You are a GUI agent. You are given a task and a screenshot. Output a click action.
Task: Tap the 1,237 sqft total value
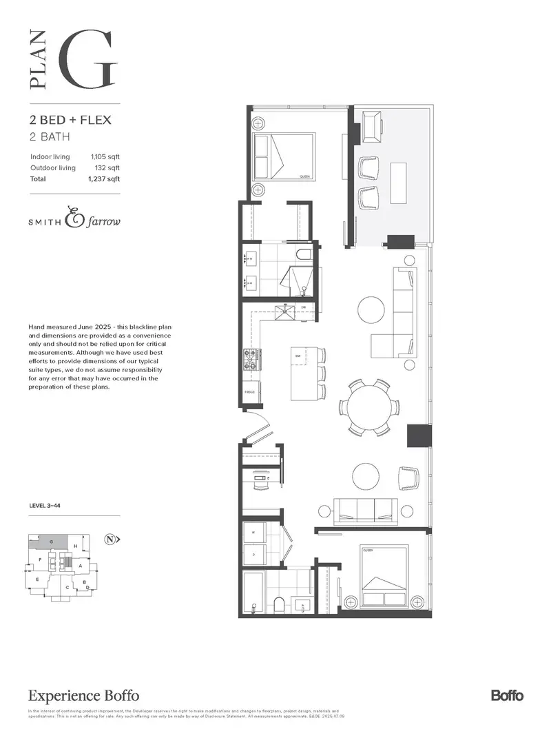(x=104, y=179)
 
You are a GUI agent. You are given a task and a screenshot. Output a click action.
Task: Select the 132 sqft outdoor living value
(x=109, y=167)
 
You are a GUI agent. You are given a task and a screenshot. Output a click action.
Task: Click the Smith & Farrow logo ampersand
(x=72, y=218)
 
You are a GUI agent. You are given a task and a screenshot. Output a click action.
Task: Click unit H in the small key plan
(x=75, y=546)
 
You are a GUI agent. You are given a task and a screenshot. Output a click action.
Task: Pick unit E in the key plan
(x=36, y=581)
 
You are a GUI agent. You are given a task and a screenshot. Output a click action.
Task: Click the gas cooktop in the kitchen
(x=251, y=358)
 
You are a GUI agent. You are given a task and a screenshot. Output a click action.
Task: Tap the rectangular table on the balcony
(x=398, y=183)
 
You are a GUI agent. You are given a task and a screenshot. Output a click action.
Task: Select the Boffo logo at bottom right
(x=507, y=695)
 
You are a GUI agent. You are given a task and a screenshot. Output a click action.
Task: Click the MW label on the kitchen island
(x=298, y=356)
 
